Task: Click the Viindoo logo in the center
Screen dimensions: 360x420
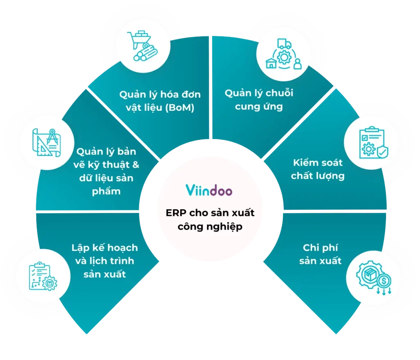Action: [209, 191]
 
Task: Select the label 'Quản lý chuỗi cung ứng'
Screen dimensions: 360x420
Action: [258, 100]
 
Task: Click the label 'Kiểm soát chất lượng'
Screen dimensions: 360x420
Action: [318, 169]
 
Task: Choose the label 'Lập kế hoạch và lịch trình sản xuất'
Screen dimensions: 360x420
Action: [105, 261]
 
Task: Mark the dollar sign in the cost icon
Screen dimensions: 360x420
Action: [384, 281]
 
